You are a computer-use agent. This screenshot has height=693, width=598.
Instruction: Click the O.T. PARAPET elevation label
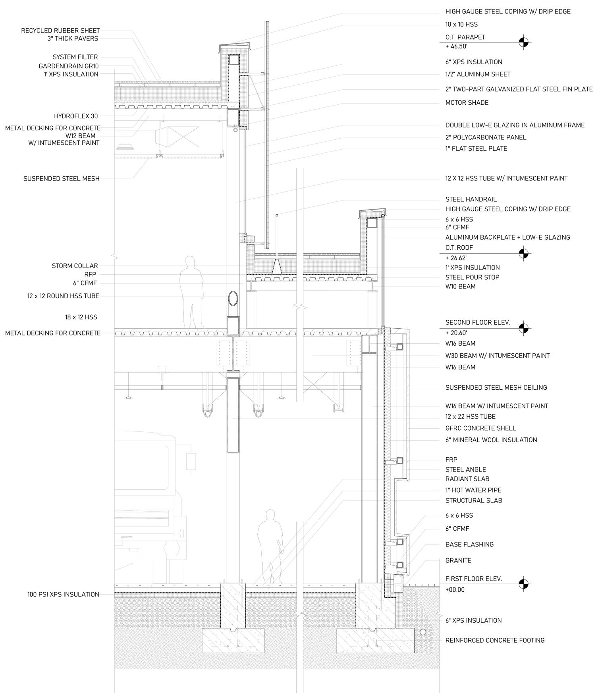[x=465, y=37]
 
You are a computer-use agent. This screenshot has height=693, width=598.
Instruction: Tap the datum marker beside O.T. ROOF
[x=524, y=253]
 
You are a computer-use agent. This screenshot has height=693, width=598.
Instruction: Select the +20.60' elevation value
[x=456, y=333]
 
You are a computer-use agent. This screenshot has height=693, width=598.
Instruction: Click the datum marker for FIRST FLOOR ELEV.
[x=524, y=583]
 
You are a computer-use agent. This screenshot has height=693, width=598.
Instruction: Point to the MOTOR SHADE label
[x=467, y=103]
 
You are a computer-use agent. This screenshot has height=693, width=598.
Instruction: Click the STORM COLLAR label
[x=75, y=266]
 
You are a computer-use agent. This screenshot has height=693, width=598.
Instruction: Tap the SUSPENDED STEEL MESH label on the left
[x=61, y=179]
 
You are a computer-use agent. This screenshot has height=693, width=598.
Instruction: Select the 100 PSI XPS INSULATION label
[x=63, y=595]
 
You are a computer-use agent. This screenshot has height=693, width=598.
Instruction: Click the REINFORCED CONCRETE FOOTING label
[x=495, y=640]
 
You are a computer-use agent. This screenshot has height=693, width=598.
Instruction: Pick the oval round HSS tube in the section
[x=233, y=298]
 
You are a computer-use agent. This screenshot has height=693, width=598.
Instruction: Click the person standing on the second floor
[x=191, y=292]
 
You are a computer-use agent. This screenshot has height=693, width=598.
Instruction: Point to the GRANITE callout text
[x=458, y=560]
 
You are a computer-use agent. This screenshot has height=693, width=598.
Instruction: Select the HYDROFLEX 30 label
[x=76, y=116]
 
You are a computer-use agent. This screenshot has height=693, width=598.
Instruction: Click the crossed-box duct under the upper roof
[x=183, y=136]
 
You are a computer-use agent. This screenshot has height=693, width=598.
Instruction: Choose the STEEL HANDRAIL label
[x=471, y=199]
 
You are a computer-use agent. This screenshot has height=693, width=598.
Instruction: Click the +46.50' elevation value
[x=456, y=46]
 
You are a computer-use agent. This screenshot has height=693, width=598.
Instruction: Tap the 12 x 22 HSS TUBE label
[x=470, y=416]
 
